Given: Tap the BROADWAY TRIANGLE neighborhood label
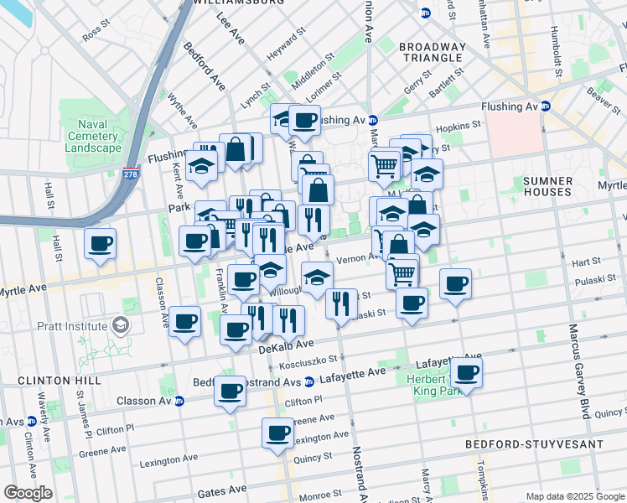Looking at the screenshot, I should point(431,52).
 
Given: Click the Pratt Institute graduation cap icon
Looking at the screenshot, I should point(122,325).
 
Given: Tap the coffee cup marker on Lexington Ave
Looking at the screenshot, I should point(277,433).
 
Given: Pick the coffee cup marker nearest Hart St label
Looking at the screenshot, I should point(455,283).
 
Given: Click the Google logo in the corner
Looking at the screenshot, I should point(27,493).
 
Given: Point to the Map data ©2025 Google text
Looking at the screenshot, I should point(574,496).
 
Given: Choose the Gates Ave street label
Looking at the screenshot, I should point(222,489).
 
